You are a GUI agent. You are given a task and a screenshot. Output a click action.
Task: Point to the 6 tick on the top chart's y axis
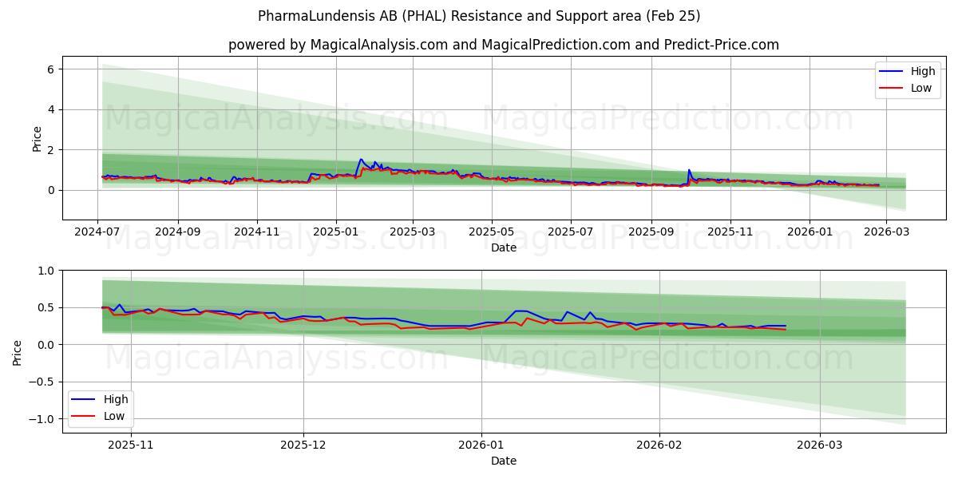pyautogui.click(x=49, y=69)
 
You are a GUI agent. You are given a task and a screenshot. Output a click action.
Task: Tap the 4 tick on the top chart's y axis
pyautogui.click(x=49, y=109)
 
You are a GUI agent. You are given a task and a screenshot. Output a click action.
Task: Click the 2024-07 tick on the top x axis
pyautogui.click(x=97, y=232)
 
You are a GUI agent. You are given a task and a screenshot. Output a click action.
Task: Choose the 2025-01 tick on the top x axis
pyautogui.click(x=335, y=232)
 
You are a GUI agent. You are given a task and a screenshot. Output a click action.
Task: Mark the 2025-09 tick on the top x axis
pyautogui.click(x=651, y=232)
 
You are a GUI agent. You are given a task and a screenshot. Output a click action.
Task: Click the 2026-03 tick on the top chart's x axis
pyautogui.click(x=885, y=232)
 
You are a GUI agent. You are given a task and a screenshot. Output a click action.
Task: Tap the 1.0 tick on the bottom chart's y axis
pyautogui.click(x=45, y=271)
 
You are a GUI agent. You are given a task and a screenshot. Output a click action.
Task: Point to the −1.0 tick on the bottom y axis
pyautogui.click(x=42, y=419)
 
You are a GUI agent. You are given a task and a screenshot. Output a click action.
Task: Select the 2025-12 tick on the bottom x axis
pyautogui.click(x=304, y=445)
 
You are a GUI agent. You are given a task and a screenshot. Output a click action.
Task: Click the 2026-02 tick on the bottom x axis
pyautogui.click(x=660, y=445)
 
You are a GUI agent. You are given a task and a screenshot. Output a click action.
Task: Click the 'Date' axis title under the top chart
pyautogui.click(x=503, y=247)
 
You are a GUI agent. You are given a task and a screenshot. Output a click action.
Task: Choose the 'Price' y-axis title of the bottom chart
pyautogui.click(x=18, y=351)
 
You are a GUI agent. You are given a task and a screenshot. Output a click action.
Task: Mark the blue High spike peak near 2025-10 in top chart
pyautogui.click(x=689, y=170)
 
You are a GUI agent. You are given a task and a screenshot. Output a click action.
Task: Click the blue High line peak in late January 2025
pyautogui.click(x=361, y=159)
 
